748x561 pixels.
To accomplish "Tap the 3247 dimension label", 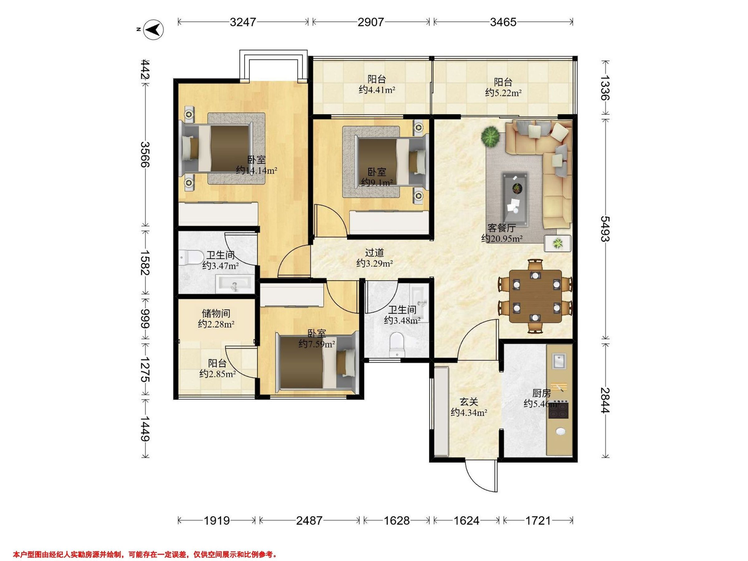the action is [243, 22].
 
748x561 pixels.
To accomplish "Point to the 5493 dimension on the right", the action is [605, 229].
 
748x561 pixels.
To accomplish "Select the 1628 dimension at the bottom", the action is [397, 520].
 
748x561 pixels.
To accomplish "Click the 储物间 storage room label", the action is [216, 313].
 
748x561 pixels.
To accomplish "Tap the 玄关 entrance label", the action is [469, 402].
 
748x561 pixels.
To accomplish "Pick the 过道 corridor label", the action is [375, 252].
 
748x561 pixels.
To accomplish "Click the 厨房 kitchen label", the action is [542, 393].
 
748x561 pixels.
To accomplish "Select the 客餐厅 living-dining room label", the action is [502, 228].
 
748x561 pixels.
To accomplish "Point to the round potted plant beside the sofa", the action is [490, 137].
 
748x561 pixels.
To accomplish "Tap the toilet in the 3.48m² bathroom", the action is [397, 345].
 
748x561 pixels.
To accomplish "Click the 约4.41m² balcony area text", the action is [377, 90].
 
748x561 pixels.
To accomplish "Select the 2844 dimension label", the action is [605, 400].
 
